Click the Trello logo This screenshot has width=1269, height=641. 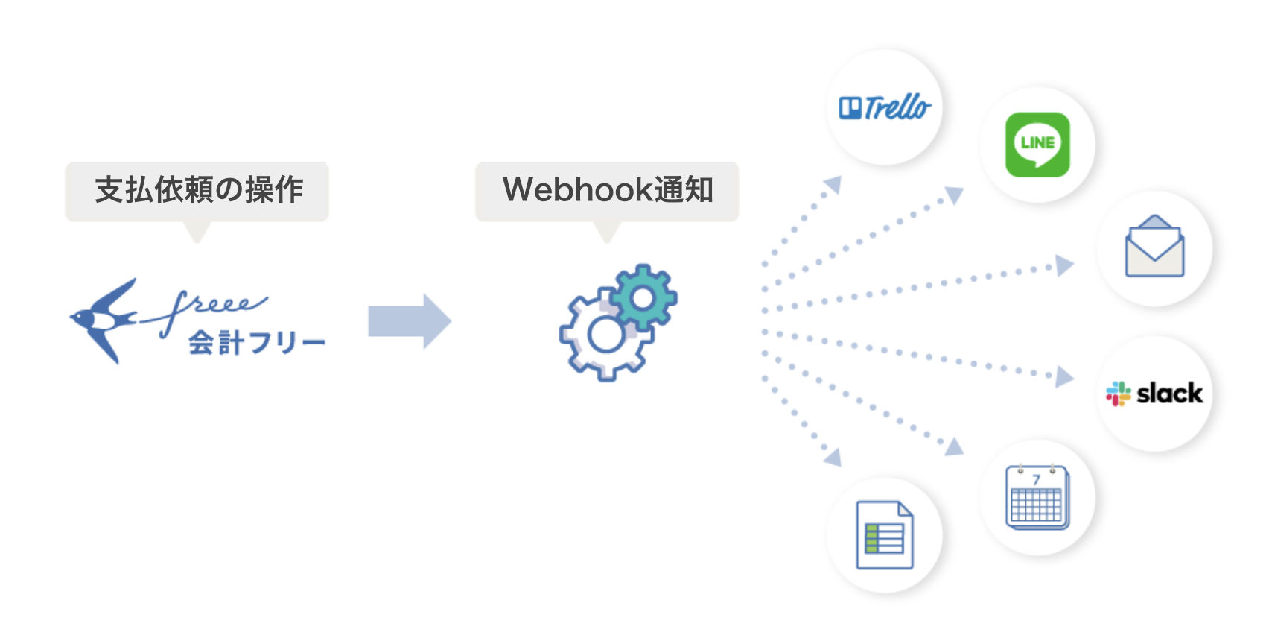coord(885,108)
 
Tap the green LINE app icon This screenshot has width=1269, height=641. coord(1037,145)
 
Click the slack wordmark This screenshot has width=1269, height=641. coord(1169,394)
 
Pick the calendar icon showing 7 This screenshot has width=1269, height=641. coord(1037,497)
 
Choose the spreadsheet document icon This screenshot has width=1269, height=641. coord(885,535)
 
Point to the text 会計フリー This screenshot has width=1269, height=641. coord(256,344)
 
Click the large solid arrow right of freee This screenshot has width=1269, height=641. coord(410,321)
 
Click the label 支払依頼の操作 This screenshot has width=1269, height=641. coord(198,190)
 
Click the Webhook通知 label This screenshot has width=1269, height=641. coord(607,190)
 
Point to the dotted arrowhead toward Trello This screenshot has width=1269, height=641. coord(833,184)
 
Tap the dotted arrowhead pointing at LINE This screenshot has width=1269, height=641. coord(955,195)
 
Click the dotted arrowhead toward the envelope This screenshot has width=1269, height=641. coord(1064,265)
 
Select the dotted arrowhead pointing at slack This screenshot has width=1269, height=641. coord(1064,377)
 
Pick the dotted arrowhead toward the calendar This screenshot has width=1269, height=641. coord(955,446)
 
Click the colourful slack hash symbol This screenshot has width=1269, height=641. coord(1118,394)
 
